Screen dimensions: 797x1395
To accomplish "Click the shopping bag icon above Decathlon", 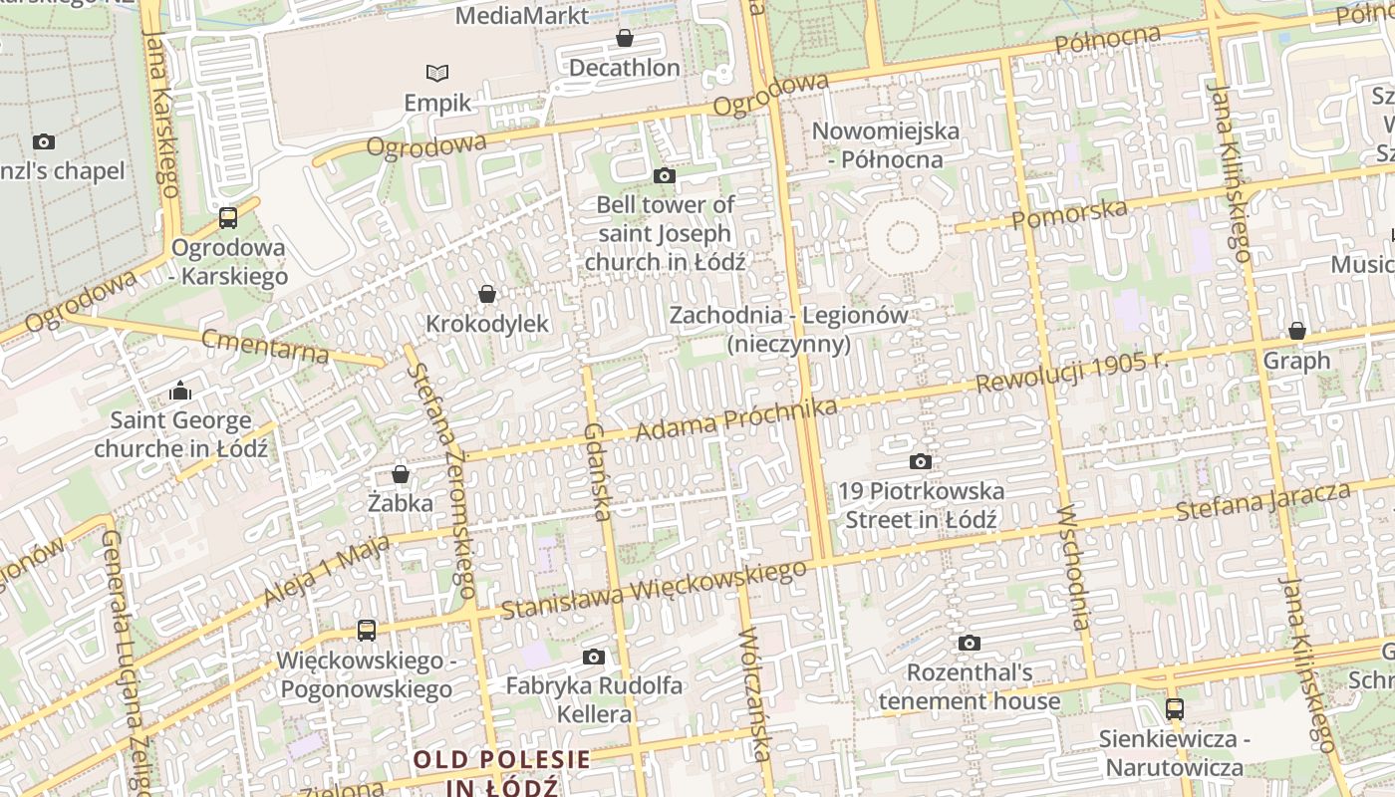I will (625, 39).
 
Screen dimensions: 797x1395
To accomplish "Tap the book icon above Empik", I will (437, 73).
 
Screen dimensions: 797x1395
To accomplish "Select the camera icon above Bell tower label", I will (665, 176).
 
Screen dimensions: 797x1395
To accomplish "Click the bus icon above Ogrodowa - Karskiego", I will (228, 217).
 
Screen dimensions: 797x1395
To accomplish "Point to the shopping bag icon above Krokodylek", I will (487, 294).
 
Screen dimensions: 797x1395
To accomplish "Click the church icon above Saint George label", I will (180, 391).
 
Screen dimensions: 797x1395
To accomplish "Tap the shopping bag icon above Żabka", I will (401, 473).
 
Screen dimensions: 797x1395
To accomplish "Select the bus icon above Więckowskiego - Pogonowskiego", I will (367, 630).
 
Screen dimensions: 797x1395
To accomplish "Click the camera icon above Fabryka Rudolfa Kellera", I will (594, 657).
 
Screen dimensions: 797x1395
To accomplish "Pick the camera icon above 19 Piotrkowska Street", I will (921, 461).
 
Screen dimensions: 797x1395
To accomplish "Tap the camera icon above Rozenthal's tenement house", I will (970, 644).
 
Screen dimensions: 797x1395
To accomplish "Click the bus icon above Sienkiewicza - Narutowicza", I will (1175, 709).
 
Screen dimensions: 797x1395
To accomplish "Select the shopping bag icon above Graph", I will (1297, 331).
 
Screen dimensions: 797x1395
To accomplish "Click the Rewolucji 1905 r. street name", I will (1070, 371).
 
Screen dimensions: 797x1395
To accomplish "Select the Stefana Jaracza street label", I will (1262, 501).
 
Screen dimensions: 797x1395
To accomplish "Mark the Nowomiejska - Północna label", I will (886, 144).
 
